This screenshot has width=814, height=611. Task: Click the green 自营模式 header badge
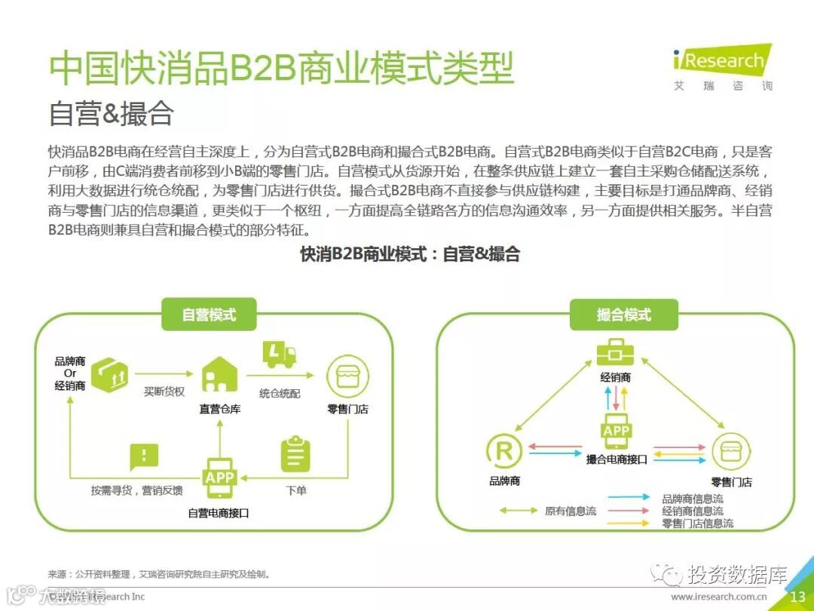tap(209, 315)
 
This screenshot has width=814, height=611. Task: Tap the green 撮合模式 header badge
tap(623, 315)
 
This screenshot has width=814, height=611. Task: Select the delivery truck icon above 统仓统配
tap(279, 355)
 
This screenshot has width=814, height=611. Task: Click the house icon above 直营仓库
tap(219, 373)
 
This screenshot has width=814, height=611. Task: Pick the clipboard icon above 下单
tap(295, 454)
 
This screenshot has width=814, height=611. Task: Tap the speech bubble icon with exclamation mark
tap(145, 456)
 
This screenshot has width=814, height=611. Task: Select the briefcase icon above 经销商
tap(617, 352)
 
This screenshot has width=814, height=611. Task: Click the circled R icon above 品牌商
tap(504, 452)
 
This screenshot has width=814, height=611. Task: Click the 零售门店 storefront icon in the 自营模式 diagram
tap(347, 376)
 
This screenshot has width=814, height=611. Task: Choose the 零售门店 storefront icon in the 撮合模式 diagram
tap(731, 452)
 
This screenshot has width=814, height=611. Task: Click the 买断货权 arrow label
tap(164, 392)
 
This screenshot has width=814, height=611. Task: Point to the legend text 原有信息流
tap(571, 511)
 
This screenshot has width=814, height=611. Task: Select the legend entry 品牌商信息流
tap(692, 499)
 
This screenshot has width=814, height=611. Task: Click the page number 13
tap(797, 597)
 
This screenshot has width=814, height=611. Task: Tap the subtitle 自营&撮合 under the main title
tap(112, 113)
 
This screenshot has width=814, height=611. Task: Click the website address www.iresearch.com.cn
tap(720, 597)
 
